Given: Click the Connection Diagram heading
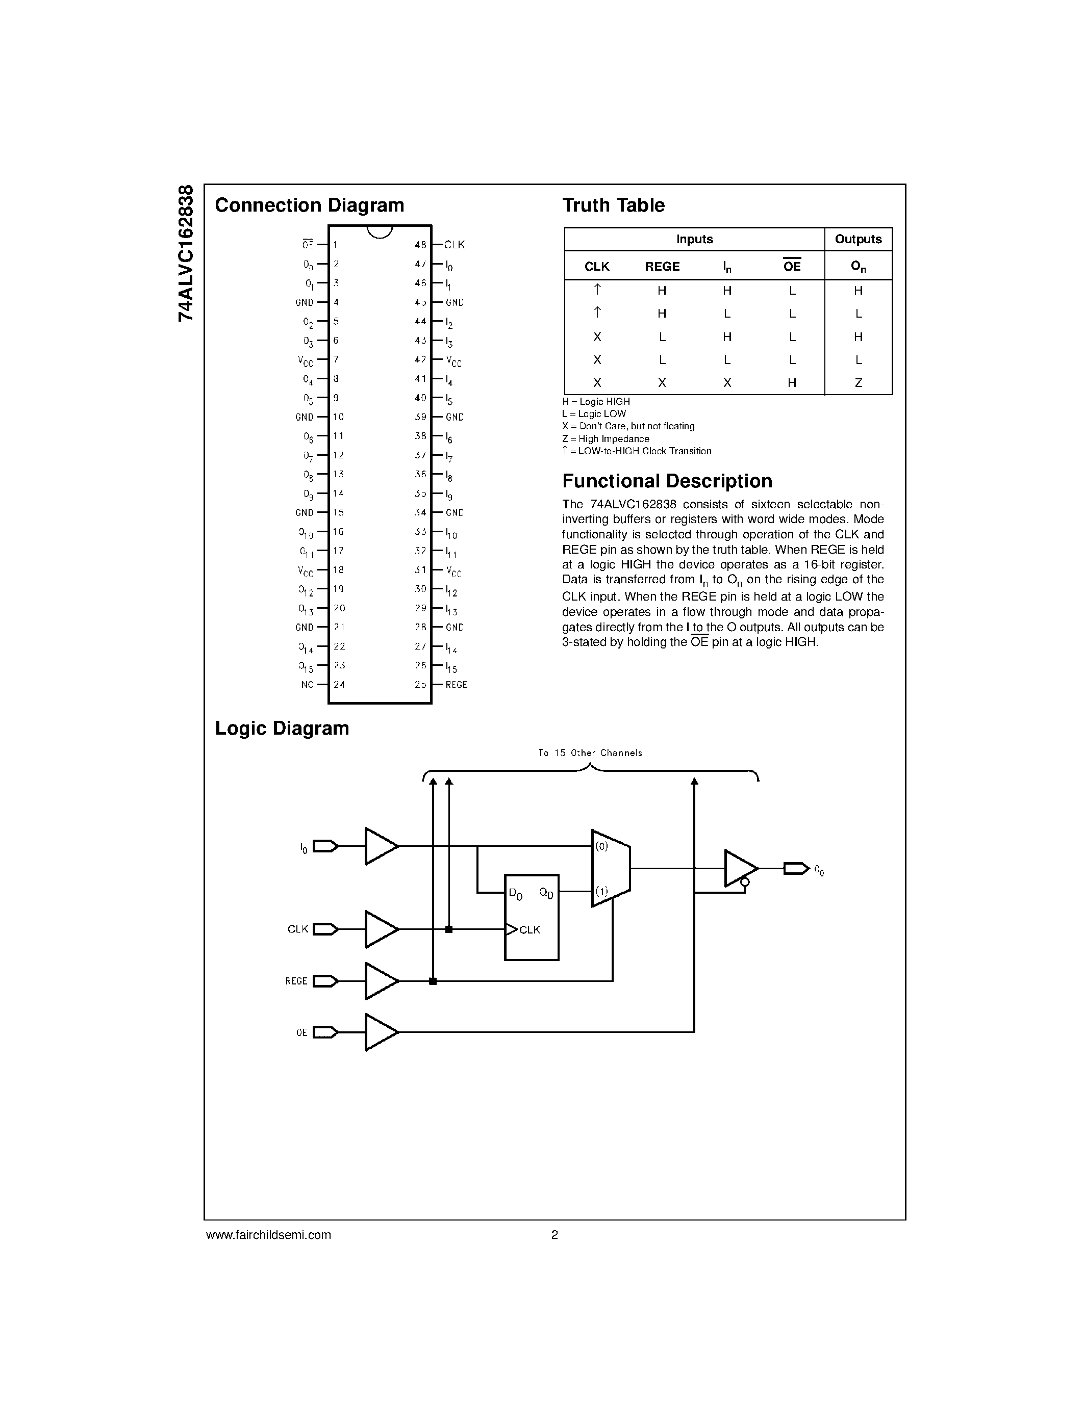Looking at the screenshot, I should [310, 205].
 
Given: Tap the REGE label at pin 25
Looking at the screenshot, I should [457, 685].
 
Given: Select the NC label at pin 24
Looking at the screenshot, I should [307, 685].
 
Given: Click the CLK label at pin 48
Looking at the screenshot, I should [454, 245].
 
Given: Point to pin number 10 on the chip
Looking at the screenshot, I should [338, 417].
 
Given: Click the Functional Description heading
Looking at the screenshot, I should [667, 481].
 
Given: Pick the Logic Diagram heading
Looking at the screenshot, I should [282, 729].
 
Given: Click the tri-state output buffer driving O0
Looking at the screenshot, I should [740, 869].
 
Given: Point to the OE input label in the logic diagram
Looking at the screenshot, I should [302, 1033].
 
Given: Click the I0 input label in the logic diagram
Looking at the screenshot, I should [304, 848].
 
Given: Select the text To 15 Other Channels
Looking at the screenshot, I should [590, 753].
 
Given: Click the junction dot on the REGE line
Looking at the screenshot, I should [433, 981].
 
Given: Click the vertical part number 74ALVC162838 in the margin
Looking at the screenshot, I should [186, 253].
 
